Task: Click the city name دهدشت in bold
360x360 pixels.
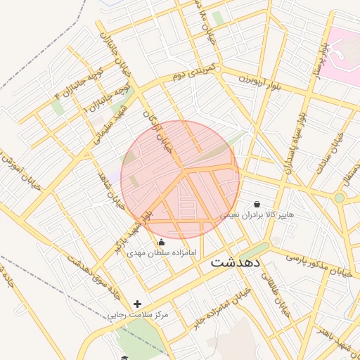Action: [x=236, y=262]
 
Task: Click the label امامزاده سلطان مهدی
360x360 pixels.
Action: [x=162, y=252]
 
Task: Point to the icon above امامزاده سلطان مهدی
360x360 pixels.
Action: [x=162, y=242]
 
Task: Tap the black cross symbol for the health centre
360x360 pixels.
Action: [x=136, y=304]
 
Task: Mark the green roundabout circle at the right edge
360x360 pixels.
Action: [x=340, y=198]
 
